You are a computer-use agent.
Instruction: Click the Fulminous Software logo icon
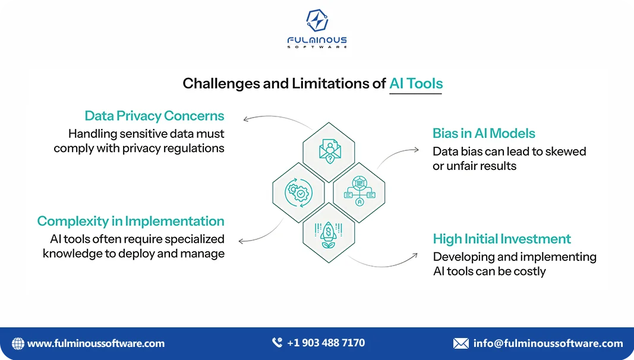point(317,21)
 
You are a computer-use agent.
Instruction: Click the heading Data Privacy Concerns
point(154,115)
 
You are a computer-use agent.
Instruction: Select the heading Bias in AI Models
point(484,133)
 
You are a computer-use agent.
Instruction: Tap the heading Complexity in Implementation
point(131,221)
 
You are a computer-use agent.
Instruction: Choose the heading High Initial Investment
point(501,239)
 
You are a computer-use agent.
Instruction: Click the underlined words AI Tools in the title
point(416,84)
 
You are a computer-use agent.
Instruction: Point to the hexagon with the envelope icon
point(329,149)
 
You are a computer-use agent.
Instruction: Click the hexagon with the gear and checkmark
point(298,192)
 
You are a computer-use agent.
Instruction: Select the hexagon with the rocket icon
point(329,233)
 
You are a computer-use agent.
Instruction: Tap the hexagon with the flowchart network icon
point(359,192)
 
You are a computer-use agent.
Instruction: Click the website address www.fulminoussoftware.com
point(96,343)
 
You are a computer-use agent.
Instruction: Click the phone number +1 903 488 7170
point(326,343)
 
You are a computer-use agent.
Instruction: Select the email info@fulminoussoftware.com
point(548,343)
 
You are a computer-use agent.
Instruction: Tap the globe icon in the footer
point(18,343)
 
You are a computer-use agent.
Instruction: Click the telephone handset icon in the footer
point(277,343)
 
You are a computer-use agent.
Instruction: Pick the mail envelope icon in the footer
point(460,343)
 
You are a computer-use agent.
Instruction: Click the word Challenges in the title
point(220,84)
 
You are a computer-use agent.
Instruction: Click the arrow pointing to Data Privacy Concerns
point(247,118)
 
